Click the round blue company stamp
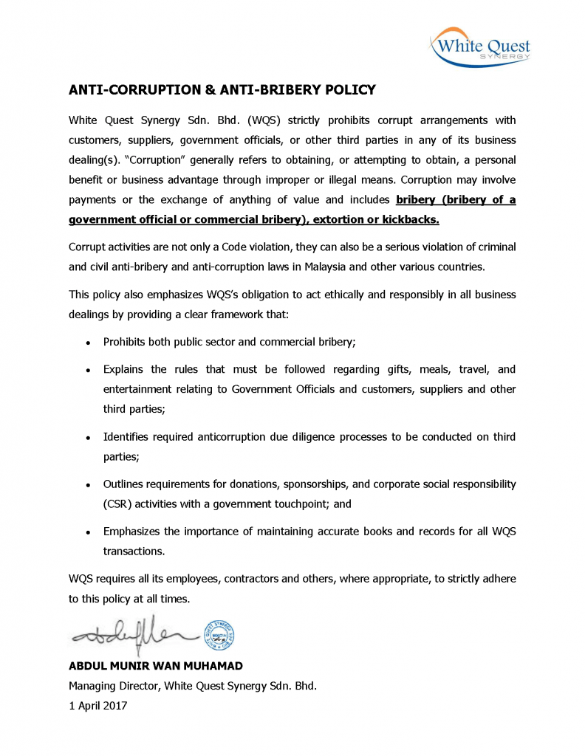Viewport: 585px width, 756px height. pyautogui.click(x=219, y=634)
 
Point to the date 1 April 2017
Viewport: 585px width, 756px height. pyautogui.click(x=98, y=705)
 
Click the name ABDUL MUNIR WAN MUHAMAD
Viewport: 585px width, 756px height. pyautogui.click(x=156, y=666)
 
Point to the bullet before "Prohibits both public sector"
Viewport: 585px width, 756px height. pyautogui.click(x=88, y=343)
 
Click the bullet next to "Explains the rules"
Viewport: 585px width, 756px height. pyautogui.click(x=88, y=370)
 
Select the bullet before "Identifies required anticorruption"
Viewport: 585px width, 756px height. pyautogui.click(x=88, y=438)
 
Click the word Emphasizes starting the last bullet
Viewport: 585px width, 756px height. pyautogui.click(x=133, y=532)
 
